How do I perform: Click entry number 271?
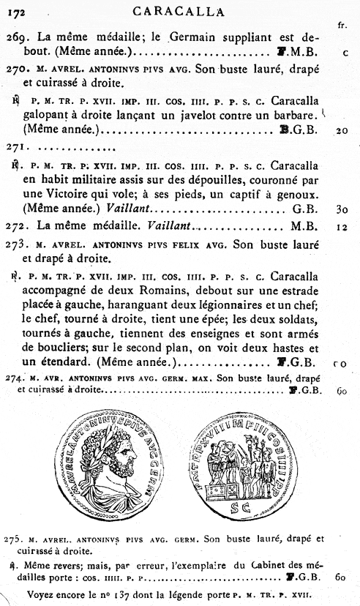17,147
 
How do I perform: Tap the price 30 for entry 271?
341,209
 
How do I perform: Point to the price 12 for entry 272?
341,226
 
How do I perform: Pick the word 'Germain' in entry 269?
195,38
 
